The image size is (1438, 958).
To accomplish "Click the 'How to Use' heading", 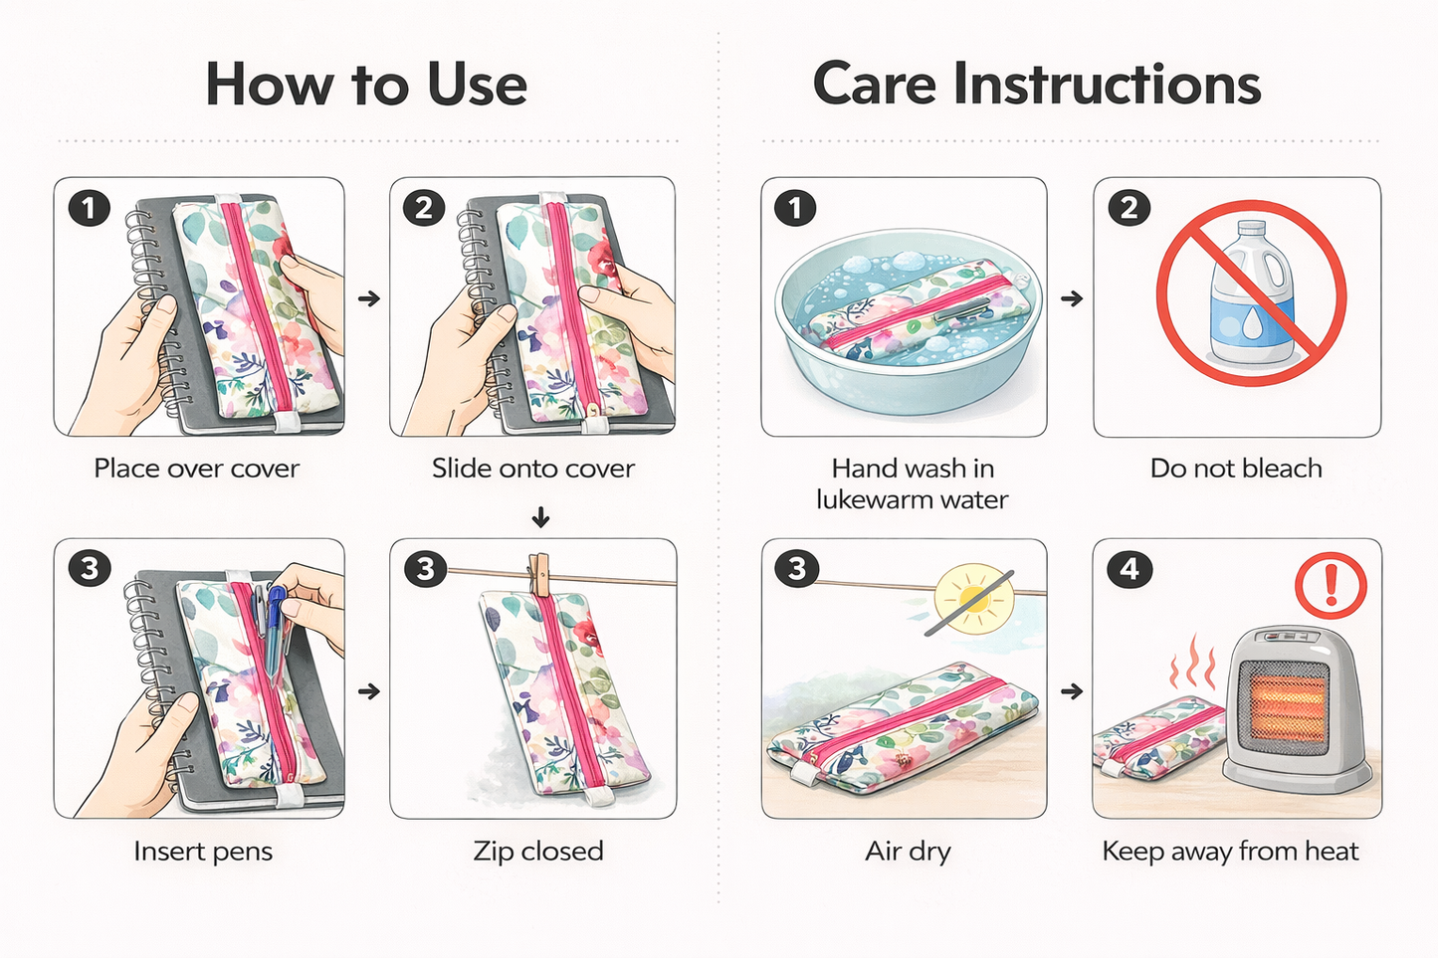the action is point(366,84).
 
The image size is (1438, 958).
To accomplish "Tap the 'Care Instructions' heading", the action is point(1037,84).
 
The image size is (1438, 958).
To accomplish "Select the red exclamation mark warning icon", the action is point(1331,585).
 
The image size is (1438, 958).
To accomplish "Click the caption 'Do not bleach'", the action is point(1236,469).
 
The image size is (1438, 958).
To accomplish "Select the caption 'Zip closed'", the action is point(538,852).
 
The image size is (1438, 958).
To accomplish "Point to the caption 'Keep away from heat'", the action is point(1230,852).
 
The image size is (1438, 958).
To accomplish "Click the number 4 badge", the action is point(1129,569).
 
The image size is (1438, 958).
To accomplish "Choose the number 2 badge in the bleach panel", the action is point(1129,208).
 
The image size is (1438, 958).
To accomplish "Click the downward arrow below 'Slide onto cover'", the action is point(540,516).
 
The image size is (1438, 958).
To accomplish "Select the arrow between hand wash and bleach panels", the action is point(1072,298).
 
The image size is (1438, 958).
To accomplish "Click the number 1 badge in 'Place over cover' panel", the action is point(89,208).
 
